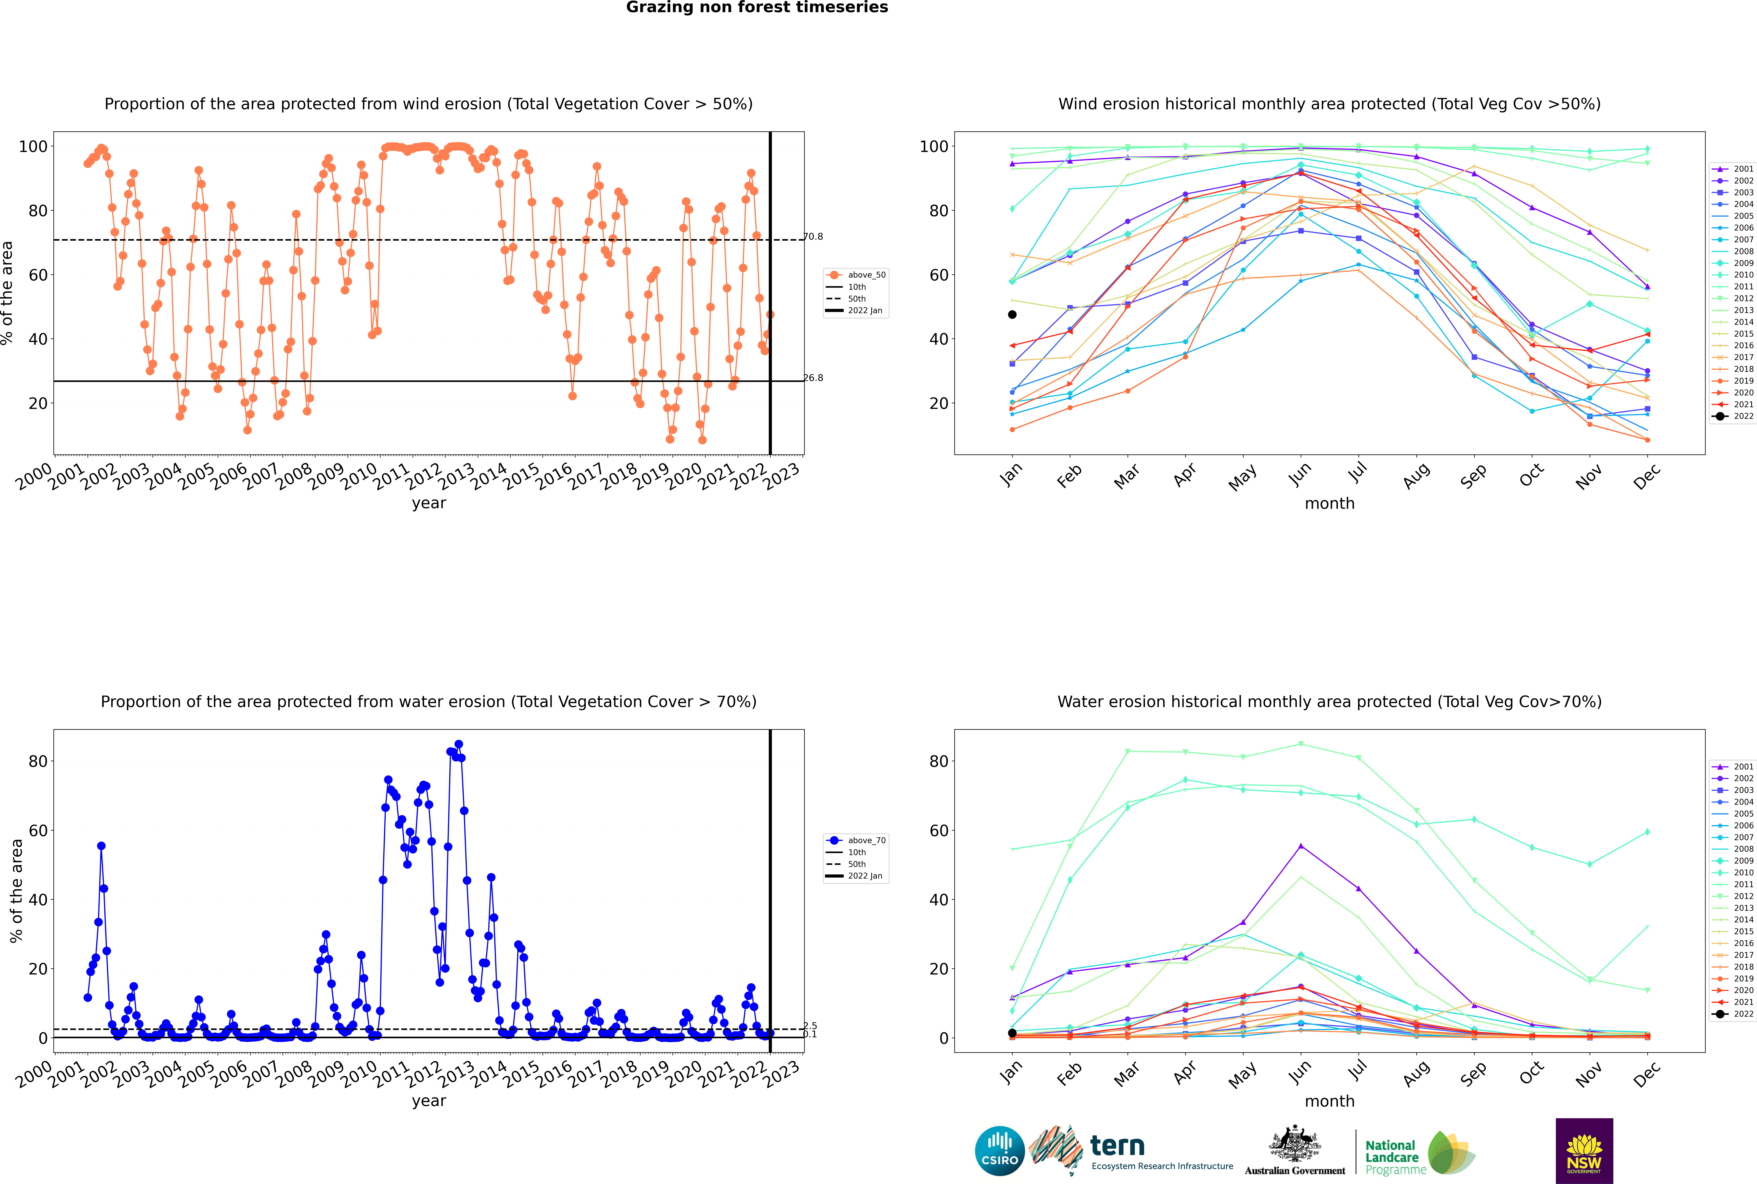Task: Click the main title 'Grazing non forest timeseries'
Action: (x=757, y=7)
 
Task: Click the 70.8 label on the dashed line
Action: (x=813, y=236)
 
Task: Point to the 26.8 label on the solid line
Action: (x=813, y=378)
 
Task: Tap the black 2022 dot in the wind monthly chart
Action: (x=1012, y=314)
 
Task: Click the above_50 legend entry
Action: (x=856, y=275)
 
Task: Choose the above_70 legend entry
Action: (x=856, y=840)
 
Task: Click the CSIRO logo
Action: (x=999, y=1151)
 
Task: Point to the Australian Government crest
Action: (x=1295, y=1150)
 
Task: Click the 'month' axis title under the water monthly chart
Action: (x=1329, y=1101)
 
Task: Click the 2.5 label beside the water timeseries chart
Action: (x=810, y=1025)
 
